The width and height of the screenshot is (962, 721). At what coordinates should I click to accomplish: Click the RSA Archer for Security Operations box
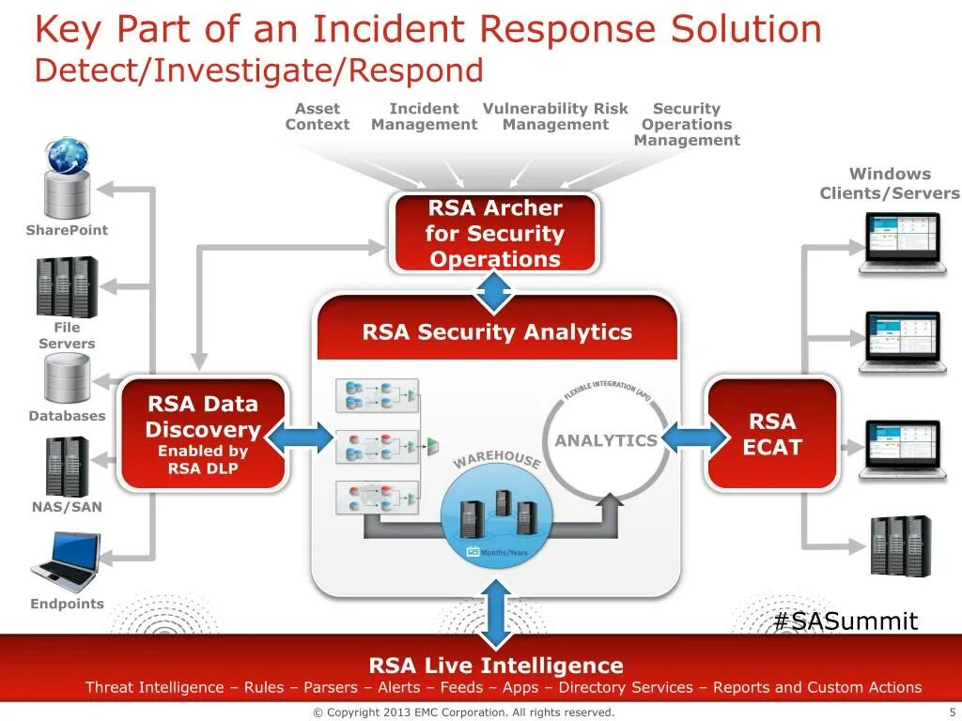(494, 233)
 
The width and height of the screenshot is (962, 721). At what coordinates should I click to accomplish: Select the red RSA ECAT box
(772, 434)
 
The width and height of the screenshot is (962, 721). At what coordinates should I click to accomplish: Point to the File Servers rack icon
(67, 286)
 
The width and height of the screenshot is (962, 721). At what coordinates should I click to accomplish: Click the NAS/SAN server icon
(67, 467)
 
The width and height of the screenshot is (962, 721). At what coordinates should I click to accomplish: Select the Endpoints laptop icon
(66, 560)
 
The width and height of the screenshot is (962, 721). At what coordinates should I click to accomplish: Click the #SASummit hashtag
(846, 621)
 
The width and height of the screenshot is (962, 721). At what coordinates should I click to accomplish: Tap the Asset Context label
(318, 116)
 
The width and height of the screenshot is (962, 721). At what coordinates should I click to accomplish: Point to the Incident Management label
(424, 116)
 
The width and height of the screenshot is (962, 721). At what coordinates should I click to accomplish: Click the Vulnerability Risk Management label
(555, 116)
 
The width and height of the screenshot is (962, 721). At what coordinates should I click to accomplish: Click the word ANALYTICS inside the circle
(606, 440)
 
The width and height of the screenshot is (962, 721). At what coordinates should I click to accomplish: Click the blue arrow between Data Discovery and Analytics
(300, 437)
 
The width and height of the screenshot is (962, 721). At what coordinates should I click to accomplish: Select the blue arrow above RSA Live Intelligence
(495, 613)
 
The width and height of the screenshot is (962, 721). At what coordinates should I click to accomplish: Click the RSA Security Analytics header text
(497, 332)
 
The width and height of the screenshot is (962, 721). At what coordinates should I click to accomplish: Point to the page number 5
(952, 713)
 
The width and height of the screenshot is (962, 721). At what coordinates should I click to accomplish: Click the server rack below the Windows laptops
(899, 545)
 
